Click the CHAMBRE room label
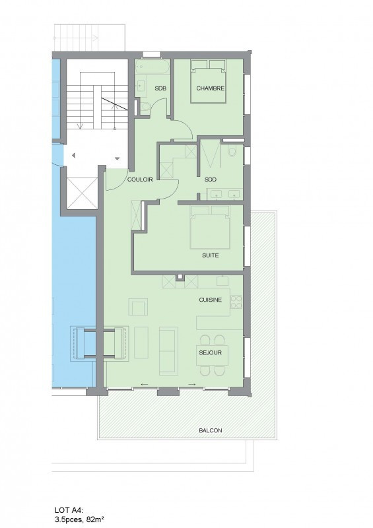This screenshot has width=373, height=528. (x=210, y=88)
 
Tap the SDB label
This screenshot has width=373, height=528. (x=160, y=88)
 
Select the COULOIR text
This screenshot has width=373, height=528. (x=140, y=180)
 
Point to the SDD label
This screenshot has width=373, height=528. (x=210, y=180)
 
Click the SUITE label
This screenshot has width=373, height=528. (x=210, y=255)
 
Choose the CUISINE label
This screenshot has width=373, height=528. (x=210, y=300)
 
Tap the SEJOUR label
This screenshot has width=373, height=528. (x=210, y=352)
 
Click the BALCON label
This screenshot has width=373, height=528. (x=210, y=430)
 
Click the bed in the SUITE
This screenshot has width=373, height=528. (x=210, y=227)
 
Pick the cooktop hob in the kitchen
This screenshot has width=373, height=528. (x=236, y=302)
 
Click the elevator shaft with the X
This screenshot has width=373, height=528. (x=82, y=193)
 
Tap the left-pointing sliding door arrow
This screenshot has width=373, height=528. (x=145, y=384)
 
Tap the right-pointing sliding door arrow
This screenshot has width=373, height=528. (x=192, y=384)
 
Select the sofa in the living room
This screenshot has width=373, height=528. (x=168, y=350)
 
